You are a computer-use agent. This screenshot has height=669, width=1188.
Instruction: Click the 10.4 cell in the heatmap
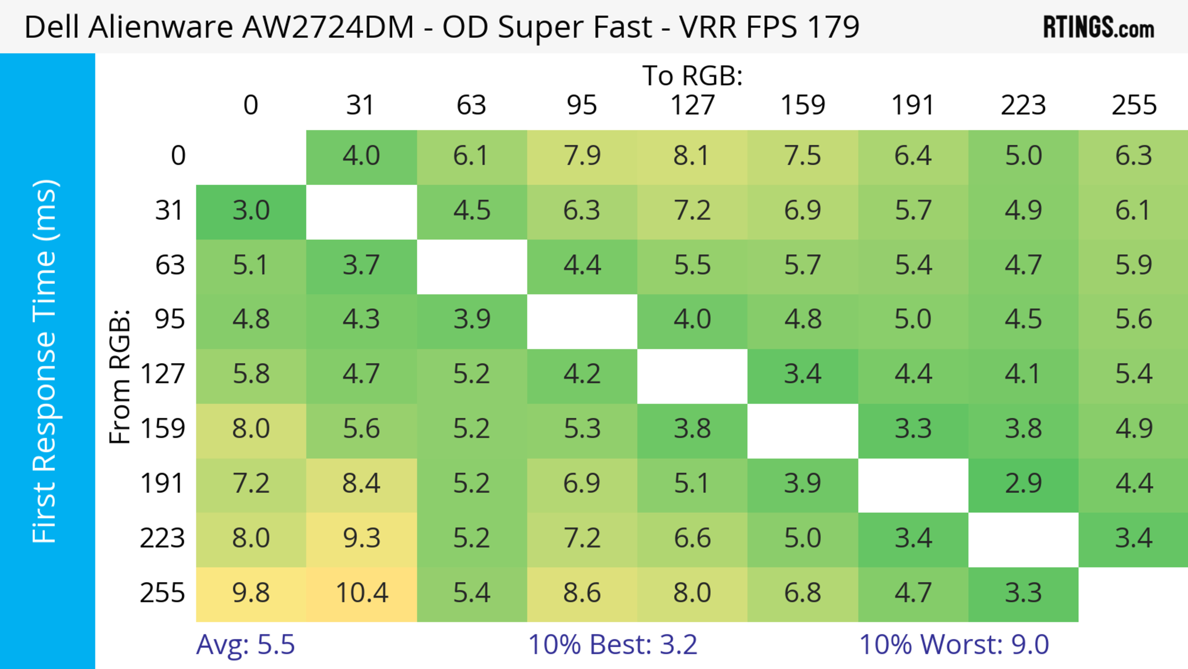362,593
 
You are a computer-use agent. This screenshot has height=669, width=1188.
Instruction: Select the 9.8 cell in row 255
251,593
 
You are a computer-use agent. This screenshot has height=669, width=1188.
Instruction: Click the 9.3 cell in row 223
362,538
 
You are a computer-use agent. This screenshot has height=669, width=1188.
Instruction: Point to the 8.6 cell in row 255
582,593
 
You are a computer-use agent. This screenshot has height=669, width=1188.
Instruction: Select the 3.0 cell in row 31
251,211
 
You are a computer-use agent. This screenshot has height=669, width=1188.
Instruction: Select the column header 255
1134,106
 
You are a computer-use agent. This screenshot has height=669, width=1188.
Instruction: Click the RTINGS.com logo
1099,28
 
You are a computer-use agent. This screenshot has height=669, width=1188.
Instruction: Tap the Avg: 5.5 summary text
245,645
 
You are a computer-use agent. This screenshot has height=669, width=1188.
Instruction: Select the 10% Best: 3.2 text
613,645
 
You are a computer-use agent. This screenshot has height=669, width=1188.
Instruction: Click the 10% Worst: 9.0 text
954,645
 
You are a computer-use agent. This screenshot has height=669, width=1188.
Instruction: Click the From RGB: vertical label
120,376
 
